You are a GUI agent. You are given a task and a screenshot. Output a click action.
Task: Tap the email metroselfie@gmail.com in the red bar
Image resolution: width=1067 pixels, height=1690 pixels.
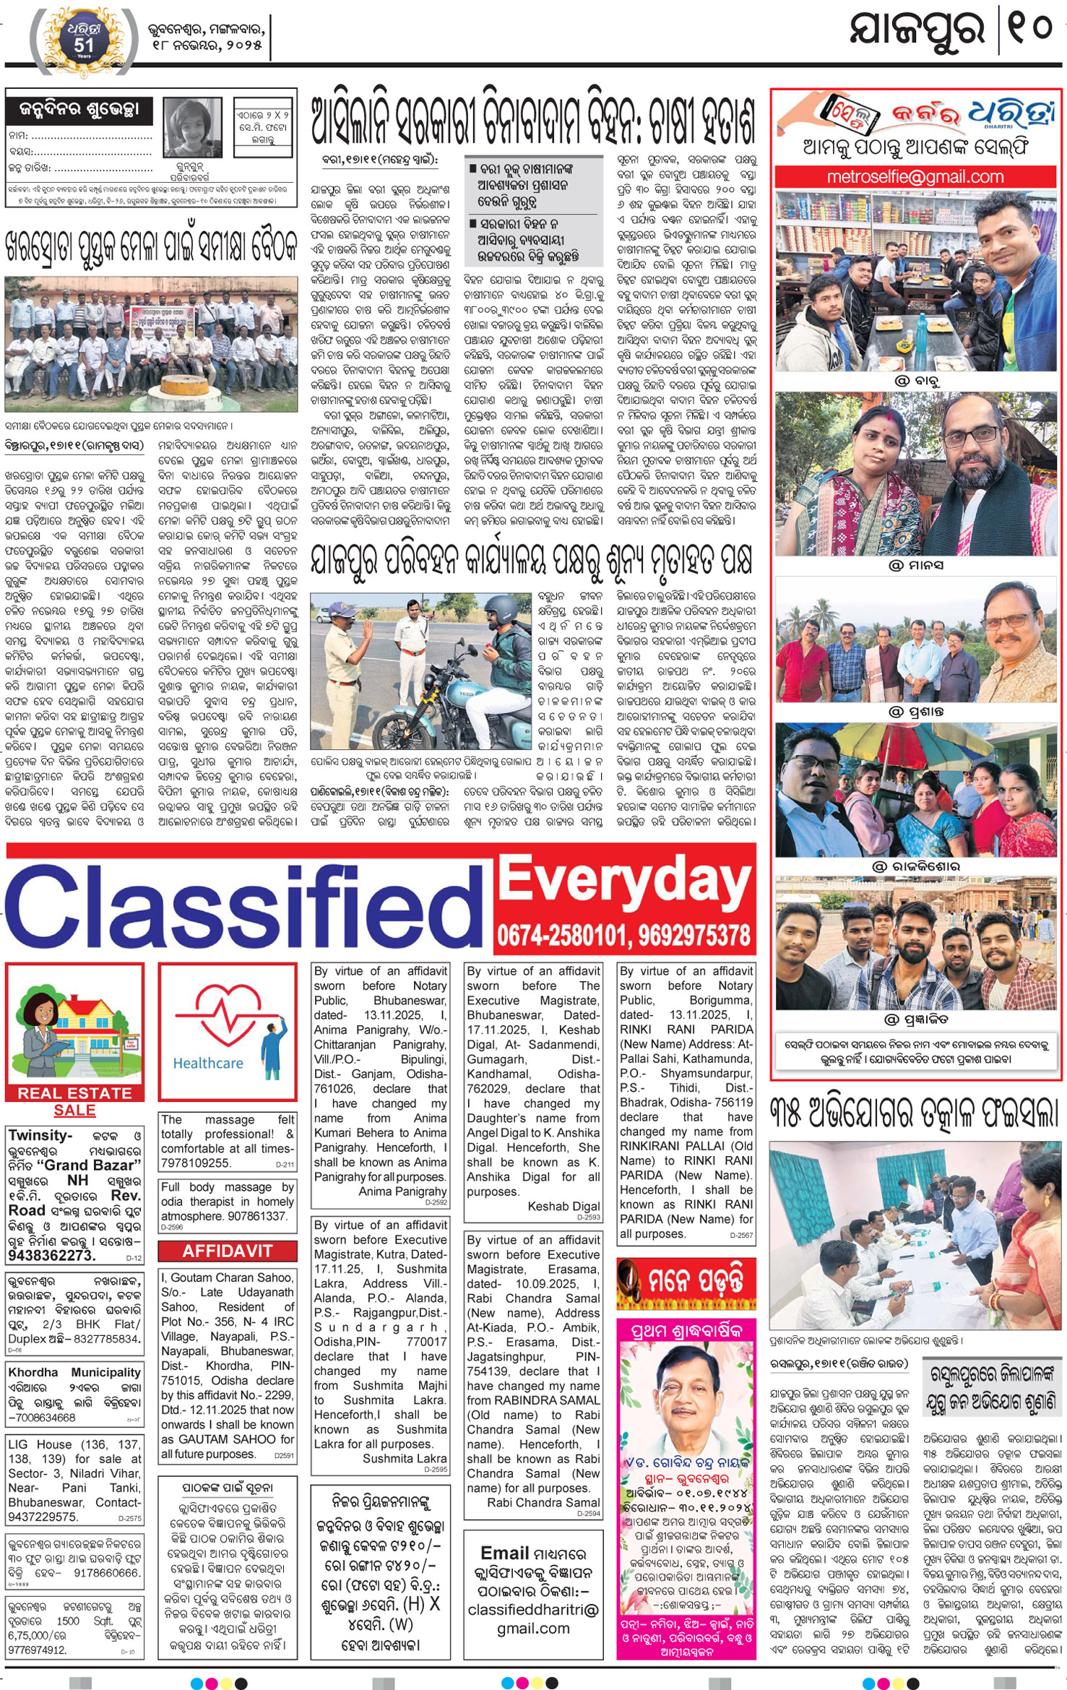point(915,177)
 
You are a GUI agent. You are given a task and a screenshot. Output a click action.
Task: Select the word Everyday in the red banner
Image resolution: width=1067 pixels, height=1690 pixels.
point(625,882)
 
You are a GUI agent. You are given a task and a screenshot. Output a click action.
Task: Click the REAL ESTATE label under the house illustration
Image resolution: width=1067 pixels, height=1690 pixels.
point(74,1093)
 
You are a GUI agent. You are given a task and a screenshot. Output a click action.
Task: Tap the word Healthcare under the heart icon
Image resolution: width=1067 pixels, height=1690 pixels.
point(208,1063)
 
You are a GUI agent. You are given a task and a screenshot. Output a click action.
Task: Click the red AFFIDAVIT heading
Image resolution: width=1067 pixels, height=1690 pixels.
point(228,1251)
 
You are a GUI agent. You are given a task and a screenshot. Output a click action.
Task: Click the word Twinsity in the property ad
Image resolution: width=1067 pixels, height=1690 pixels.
point(40,1135)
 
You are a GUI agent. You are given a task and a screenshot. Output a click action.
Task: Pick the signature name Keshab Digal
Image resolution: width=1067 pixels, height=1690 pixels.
point(563,1206)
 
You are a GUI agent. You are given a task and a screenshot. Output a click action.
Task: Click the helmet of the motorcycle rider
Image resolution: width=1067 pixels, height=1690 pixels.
point(503,613)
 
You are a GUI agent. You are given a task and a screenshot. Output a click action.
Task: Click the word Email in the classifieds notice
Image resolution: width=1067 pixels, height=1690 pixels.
point(505,1553)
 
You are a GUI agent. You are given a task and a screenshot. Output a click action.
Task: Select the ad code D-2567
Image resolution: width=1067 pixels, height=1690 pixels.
point(740,1235)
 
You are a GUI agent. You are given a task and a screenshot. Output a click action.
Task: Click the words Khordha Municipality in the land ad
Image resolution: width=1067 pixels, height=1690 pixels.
point(74,1372)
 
